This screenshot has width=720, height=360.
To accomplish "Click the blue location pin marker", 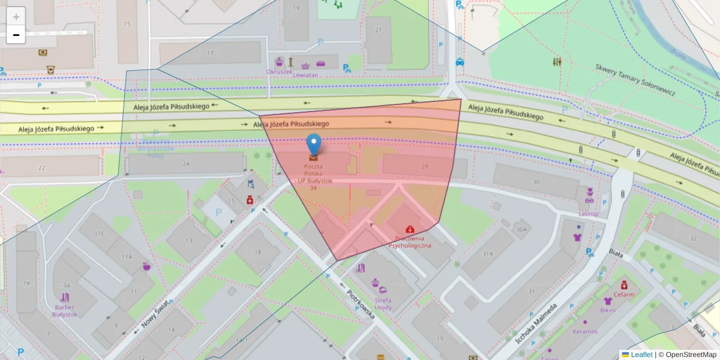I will coord(313,145).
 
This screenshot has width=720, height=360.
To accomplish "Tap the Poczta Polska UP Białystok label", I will coord(313,176).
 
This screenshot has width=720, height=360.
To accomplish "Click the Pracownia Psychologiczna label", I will coord(410,242).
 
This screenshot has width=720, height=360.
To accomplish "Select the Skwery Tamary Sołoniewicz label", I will coord(635,80).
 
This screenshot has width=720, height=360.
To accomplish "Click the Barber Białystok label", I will coord(64,310).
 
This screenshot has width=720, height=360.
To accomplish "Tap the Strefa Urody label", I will coord(382,304).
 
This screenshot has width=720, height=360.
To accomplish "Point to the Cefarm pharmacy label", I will coord(624,295).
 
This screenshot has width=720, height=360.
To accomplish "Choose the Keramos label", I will coord(584,331).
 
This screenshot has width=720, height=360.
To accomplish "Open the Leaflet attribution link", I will coord(641,355).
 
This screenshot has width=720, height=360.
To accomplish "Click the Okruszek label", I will coord(280,72).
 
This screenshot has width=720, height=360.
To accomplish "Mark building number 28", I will coord(425,166).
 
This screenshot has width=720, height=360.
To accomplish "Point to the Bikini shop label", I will coord(608,310).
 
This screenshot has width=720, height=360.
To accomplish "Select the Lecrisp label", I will coord(589,213).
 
